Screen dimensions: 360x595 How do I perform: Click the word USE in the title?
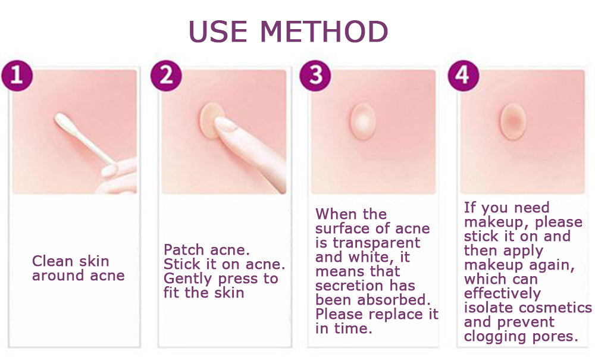[219, 32]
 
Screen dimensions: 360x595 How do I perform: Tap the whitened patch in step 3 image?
[362, 118]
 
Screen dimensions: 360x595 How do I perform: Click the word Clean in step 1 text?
[51, 261]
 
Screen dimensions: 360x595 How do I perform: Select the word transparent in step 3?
[376, 243]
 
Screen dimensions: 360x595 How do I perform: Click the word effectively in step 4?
[502, 293]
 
